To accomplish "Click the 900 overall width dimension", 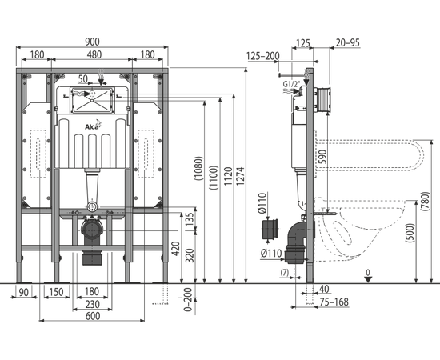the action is point(92,42).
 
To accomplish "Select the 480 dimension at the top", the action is point(94,54).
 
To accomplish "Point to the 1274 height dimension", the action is point(241,176).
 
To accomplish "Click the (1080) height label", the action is point(198,168).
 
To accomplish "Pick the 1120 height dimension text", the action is point(228,176).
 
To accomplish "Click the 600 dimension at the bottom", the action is point(93,316).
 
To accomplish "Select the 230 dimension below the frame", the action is point(92,304).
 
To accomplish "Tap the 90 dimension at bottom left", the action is point(23,292).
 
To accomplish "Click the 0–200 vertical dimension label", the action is point(188,300).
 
